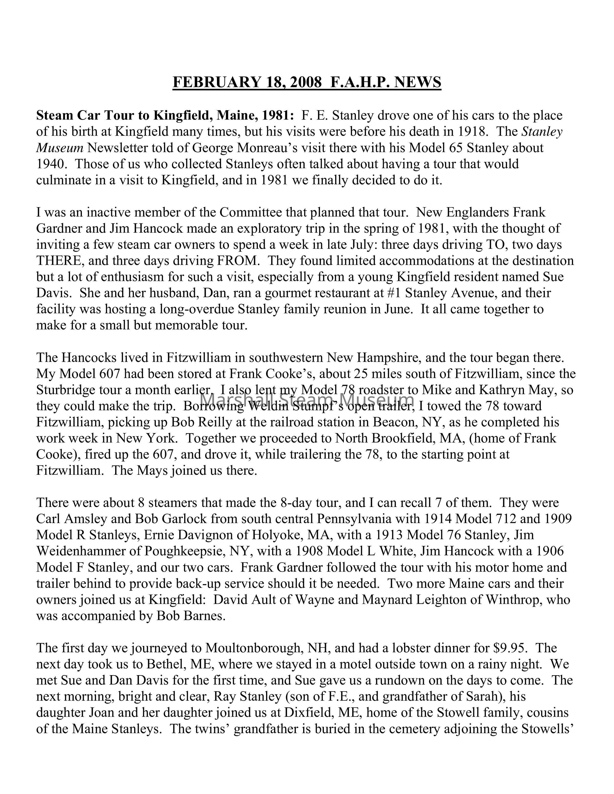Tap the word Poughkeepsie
[184, 551]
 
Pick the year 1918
[472, 131]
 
